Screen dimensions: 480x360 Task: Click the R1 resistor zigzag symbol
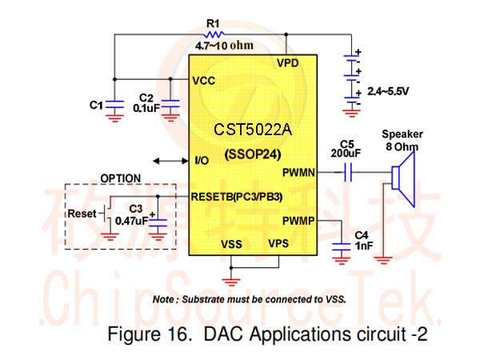(214, 34)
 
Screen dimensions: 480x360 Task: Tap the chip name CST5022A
(253, 129)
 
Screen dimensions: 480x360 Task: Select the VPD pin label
(287, 63)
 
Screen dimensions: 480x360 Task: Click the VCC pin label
(203, 81)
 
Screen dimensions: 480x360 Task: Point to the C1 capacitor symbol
(114, 104)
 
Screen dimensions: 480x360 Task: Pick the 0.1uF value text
(146, 108)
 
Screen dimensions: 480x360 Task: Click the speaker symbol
(403, 179)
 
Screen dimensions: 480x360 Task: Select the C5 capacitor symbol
(348, 172)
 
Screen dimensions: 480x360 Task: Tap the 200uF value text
(346, 153)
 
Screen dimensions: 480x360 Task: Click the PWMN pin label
(298, 173)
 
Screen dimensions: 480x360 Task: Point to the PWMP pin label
(298, 221)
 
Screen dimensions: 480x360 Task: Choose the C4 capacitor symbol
(341, 246)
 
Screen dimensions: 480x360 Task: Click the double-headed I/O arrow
(171, 161)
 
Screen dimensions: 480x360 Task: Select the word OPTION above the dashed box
(121, 178)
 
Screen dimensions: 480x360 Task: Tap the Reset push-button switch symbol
(106, 213)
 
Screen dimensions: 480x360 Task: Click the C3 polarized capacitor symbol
(158, 222)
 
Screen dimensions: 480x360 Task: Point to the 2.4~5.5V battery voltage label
(388, 91)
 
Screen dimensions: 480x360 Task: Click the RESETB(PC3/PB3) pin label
(237, 197)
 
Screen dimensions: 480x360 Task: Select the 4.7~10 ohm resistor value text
(224, 46)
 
